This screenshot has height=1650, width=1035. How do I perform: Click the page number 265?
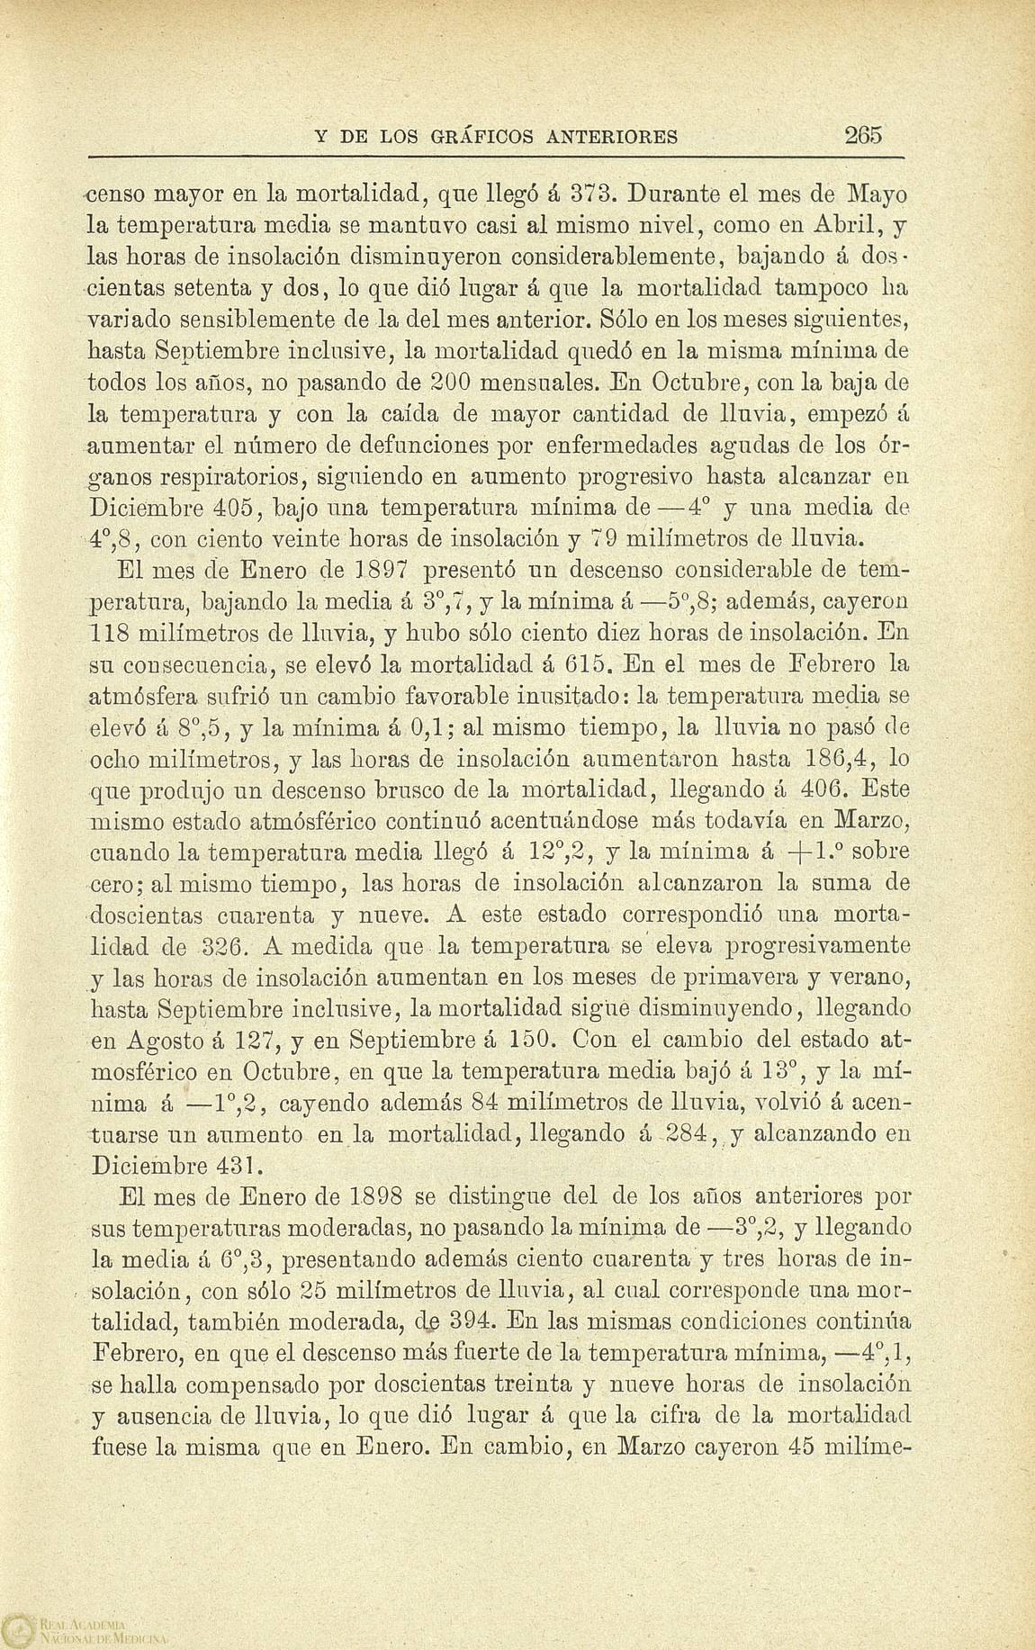click(x=864, y=135)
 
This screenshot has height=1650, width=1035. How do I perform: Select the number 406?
click(x=817, y=789)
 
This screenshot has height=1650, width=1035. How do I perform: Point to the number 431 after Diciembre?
click(x=239, y=1166)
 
